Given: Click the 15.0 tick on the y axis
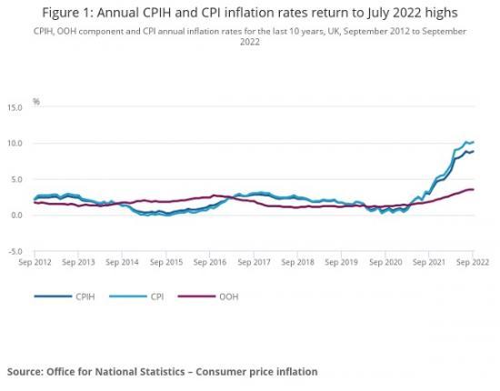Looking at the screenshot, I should pyautogui.click(x=15, y=107).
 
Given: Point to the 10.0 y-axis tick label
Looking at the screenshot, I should pyautogui.click(x=15, y=144).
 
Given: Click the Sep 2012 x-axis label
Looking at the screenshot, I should pyautogui.click(x=35, y=262).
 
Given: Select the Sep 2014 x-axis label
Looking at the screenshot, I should pyautogui.click(x=123, y=262).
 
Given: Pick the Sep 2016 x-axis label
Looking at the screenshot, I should pyautogui.click(x=211, y=262).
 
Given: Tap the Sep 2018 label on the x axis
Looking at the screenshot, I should pyautogui.click(x=298, y=262).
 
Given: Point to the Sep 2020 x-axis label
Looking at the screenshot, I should pyautogui.click(x=385, y=262).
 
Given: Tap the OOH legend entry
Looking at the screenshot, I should pyautogui.click(x=230, y=296).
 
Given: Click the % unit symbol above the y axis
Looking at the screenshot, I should pyautogui.click(x=36, y=101).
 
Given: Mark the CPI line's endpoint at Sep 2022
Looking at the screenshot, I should pyautogui.click(x=473, y=142).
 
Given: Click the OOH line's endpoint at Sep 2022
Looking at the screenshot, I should pyautogui.click(x=473, y=189).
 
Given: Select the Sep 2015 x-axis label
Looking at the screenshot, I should pyautogui.click(x=166, y=262).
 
